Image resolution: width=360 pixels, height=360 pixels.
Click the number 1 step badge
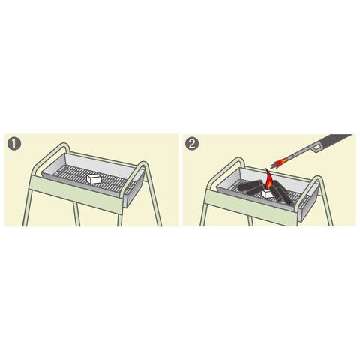[x=14, y=144]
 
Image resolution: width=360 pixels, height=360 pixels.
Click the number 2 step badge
[x=192, y=144]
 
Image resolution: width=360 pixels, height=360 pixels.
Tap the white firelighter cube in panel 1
[x=94, y=178]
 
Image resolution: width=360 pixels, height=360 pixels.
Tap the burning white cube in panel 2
[x=268, y=193]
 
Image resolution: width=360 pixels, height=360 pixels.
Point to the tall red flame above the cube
[x=268, y=181]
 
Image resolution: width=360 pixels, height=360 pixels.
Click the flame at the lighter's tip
[x=280, y=163]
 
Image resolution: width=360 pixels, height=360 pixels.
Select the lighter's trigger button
[x=316, y=148]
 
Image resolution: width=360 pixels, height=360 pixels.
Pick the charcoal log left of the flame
[x=251, y=187]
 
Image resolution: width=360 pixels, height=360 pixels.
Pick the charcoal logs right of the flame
[x=280, y=192]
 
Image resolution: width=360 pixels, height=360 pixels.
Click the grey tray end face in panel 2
[x=309, y=202]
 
